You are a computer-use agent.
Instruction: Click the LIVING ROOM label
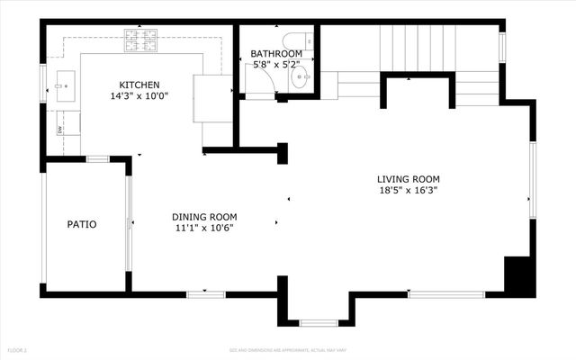coord(409,178)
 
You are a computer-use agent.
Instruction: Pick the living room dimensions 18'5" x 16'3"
coord(409,190)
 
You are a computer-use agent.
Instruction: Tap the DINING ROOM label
coord(204,217)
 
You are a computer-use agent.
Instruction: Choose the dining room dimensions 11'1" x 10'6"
coord(204,229)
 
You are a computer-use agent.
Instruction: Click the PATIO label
coord(82,224)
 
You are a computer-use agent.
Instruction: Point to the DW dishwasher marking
coord(60,130)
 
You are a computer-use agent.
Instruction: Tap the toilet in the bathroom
coord(295,40)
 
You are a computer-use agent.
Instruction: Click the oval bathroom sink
coord(301,77)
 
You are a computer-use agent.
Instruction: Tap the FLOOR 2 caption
coord(18,349)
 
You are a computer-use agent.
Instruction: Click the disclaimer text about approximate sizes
coord(287,349)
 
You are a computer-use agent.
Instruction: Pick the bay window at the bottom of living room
coord(318,322)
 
